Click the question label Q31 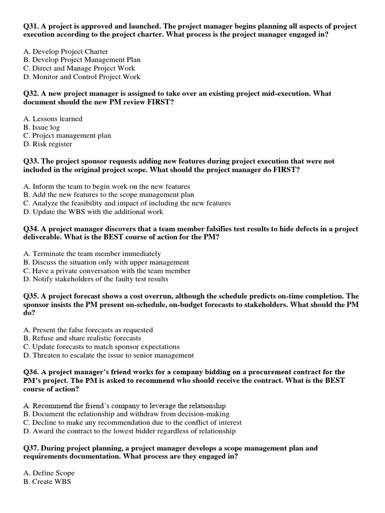tap(31, 26)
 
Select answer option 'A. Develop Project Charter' tap(66, 52)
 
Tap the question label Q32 tap(31, 94)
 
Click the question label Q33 tap(31, 161)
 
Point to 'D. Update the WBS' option tap(94, 211)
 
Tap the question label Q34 tap(31, 229)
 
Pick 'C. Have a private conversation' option tap(107, 271)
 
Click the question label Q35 tap(31, 296)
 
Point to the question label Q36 tap(31, 372)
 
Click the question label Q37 tap(31, 448)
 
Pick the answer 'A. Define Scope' tap(49, 473)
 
